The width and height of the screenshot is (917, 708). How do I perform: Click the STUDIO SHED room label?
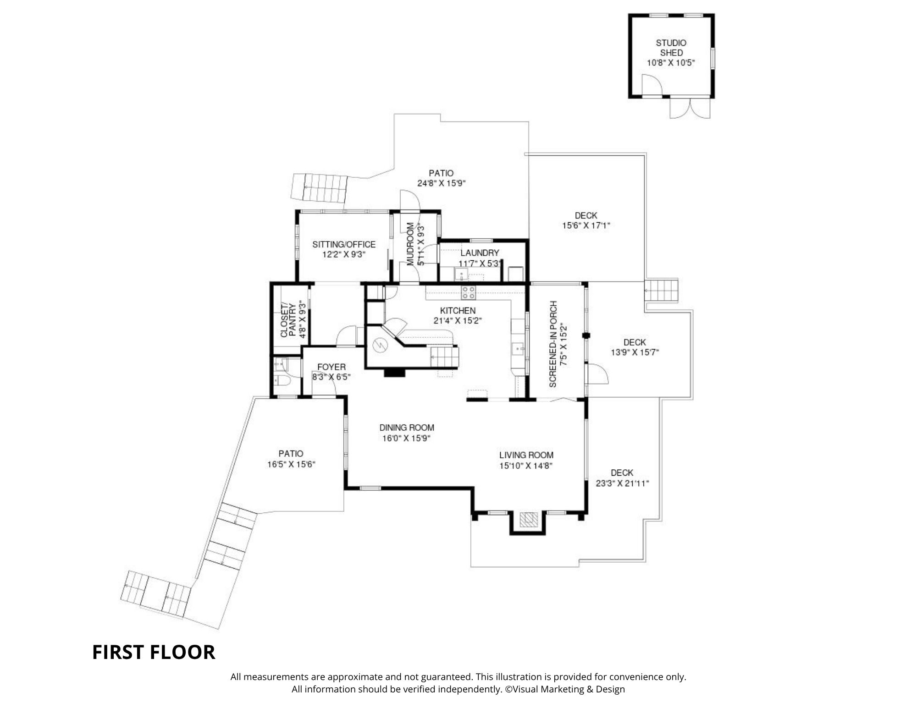(671, 48)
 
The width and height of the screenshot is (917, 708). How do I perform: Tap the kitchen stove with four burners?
(468, 292)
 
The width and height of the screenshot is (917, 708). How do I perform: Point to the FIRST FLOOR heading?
(154, 652)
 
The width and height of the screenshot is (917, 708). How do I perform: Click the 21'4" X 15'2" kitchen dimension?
(458, 321)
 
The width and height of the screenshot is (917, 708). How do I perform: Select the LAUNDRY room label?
(480, 253)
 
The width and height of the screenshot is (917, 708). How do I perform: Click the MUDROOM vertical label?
(410, 244)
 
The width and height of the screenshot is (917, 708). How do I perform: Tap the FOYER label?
(331, 367)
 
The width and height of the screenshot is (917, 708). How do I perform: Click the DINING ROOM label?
(407, 428)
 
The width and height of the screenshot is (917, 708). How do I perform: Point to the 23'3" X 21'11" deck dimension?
(622, 483)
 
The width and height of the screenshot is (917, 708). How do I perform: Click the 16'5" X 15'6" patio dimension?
(291, 464)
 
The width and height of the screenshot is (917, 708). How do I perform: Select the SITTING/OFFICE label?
(344, 244)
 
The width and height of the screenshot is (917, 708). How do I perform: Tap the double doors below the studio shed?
(690, 108)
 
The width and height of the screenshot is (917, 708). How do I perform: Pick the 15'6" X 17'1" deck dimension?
(586, 225)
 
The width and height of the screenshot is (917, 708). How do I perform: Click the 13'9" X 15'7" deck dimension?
(635, 352)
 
